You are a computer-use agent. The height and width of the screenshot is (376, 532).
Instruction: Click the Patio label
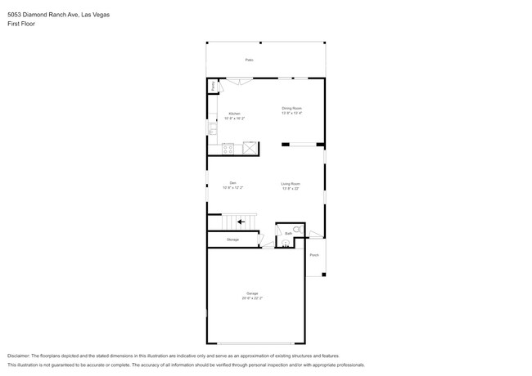[249, 60]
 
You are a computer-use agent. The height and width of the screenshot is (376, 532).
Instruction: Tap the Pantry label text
[213, 85]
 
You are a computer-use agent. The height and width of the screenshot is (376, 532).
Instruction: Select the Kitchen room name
[234, 114]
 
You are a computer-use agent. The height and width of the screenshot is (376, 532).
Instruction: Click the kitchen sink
[211, 128]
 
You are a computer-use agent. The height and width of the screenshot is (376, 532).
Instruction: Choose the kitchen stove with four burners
[228, 149]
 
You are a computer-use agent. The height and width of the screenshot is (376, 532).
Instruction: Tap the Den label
[233, 183]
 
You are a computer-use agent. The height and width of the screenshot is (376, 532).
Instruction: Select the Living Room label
[291, 184]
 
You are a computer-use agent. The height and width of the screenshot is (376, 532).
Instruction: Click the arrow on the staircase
[241, 222]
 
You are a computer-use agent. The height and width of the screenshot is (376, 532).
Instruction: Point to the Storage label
[233, 239]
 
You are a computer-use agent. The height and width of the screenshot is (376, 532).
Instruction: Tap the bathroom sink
[286, 244]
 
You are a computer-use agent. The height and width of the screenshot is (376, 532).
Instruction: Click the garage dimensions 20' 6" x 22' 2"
[252, 298]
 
